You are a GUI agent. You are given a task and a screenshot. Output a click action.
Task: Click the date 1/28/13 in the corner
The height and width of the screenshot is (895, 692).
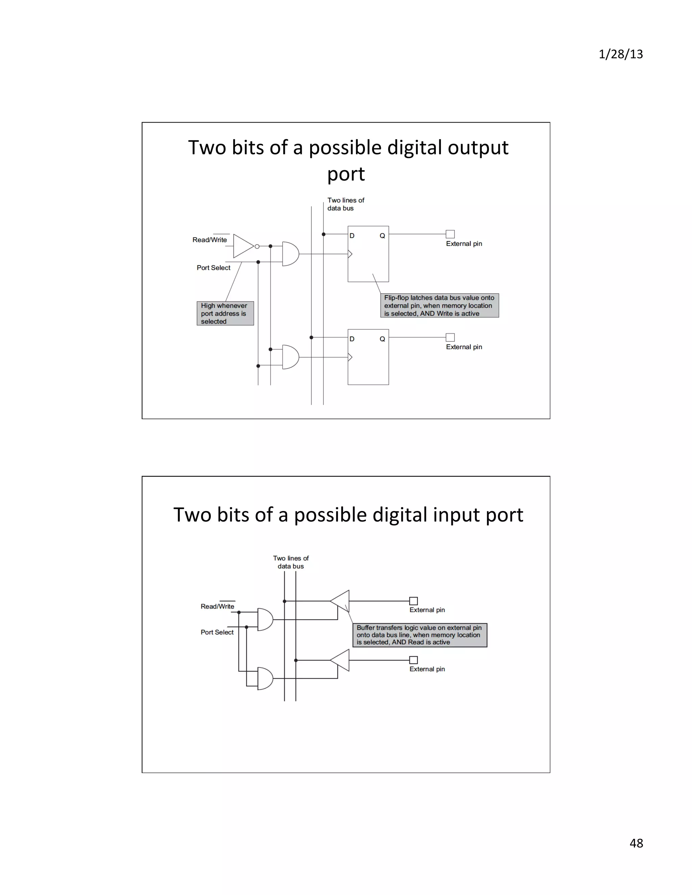pos(620,54)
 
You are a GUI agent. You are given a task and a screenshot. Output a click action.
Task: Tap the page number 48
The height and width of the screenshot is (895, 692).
pos(636,843)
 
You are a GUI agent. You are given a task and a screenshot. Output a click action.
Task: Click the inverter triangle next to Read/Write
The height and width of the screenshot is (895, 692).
pos(243,246)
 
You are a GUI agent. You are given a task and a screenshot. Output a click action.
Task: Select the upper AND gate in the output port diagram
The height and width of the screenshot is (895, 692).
pos(290,254)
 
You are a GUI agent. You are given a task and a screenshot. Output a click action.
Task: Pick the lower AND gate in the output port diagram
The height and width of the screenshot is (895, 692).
pos(290,357)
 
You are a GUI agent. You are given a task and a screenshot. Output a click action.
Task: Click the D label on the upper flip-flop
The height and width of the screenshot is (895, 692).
pos(352,236)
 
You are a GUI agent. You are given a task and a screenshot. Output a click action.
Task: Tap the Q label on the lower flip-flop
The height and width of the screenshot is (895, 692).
pos(382,339)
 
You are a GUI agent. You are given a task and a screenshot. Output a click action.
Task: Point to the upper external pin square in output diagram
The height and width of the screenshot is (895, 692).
pos(450,234)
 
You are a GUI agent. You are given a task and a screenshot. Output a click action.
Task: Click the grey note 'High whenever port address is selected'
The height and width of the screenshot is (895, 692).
pos(225,313)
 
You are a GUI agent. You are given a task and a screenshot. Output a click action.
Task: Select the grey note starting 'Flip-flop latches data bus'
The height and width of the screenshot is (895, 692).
pos(440,305)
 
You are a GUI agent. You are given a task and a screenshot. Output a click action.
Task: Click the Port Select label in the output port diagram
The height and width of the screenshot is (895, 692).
pos(213,267)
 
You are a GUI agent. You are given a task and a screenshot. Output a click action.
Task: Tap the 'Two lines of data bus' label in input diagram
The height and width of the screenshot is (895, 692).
pos(291,562)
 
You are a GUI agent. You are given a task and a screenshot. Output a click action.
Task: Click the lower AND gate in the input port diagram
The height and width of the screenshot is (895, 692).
pos(265,678)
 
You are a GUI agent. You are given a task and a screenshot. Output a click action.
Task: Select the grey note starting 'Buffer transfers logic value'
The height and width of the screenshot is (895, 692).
pos(420,635)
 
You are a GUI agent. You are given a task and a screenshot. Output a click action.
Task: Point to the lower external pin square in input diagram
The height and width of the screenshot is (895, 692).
pos(413,660)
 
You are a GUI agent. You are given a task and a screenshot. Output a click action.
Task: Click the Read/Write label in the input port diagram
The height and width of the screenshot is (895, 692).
pos(217,606)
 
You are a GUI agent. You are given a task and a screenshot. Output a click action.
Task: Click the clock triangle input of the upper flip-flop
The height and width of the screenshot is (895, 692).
pos(350,254)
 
